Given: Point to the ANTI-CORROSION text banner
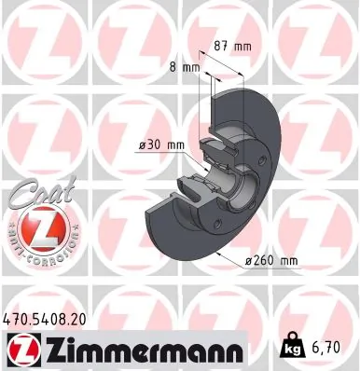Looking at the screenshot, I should (x=36, y=240).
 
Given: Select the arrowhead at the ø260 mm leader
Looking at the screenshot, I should (x=217, y=251).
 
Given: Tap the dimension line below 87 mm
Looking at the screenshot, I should (x=233, y=56).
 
